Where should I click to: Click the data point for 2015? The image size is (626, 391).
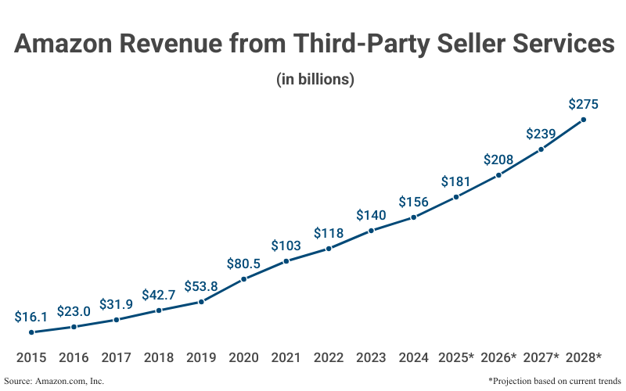pos(31,332)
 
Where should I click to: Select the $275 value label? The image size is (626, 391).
pos(584,103)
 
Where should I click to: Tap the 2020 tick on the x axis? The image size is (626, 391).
pos(243,357)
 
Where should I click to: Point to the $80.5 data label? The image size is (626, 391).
pos(243,264)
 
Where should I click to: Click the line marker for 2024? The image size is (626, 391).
pos(413,217)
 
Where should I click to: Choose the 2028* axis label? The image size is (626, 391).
pos(583,357)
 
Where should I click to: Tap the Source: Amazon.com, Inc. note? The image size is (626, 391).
pos(54,381)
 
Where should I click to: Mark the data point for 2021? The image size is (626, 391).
pos(286,260)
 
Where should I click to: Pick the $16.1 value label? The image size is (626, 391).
pos(31,317)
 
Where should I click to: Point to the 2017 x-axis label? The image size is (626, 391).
pos(116,357)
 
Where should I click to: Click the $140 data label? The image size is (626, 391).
pos(371,215)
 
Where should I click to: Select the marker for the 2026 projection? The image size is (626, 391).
pos(498,175)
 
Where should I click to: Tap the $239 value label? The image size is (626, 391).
pos(541,134)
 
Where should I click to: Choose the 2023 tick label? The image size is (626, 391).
pos(371,357)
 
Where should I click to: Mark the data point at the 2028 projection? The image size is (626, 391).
pos(584,120)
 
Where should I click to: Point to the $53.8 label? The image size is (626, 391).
pos(201,286)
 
